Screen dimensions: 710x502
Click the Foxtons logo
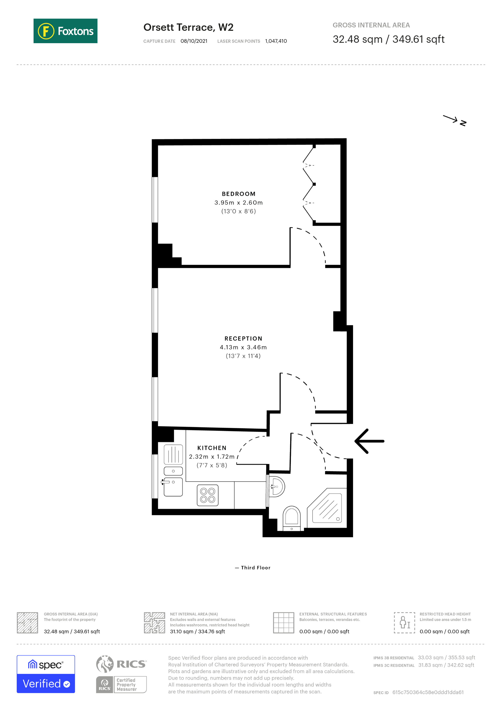pyautogui.click(x=65, y=31)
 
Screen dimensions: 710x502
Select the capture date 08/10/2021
pyautogui.click(x=194, y=41)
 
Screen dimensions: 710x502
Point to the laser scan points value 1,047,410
pyautogui.click(x=276, y=41)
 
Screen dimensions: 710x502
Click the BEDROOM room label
pyautogui.click(x=238, y=194)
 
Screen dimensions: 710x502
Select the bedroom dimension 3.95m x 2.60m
pyautogui.click(x=238, y=203)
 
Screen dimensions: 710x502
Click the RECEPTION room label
pyautogui.click(x=243, y=339)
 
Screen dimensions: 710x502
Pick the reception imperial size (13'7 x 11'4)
pyautogui.click(x=243, y=356)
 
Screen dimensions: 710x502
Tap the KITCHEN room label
pyautogui.click(x=212, y=448)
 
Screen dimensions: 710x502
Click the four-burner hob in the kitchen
pyautogui.click(x=207, y=495)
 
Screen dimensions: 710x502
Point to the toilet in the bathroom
pyautogui.click(x=291, y=517)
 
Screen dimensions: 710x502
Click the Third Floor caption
pyautogui.click(x=253, y=568)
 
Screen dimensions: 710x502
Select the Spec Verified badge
pyautogui.click(x=46, y=674)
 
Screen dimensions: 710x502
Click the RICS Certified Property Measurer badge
pyautogui.click(x=121, y=674)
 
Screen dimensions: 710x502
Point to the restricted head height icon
pyautogui.click(x=404, y=623)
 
